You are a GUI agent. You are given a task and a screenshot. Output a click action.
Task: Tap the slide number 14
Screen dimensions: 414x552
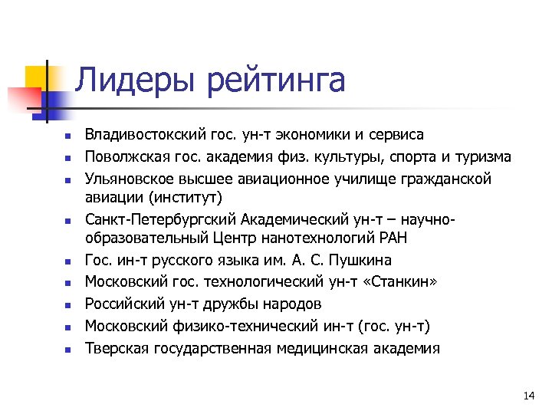tap(527, 396)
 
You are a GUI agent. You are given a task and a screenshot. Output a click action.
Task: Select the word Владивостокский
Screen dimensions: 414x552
tap(144, 135)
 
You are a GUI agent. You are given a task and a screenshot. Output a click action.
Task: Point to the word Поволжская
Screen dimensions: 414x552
tap(121, 157)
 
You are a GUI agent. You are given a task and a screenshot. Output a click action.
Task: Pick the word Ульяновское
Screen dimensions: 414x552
tap(125, 179)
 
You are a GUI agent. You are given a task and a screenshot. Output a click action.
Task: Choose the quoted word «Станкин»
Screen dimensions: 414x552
tap(403, 282)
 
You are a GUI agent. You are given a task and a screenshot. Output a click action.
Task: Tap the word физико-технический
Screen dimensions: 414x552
tap(225, 326)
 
